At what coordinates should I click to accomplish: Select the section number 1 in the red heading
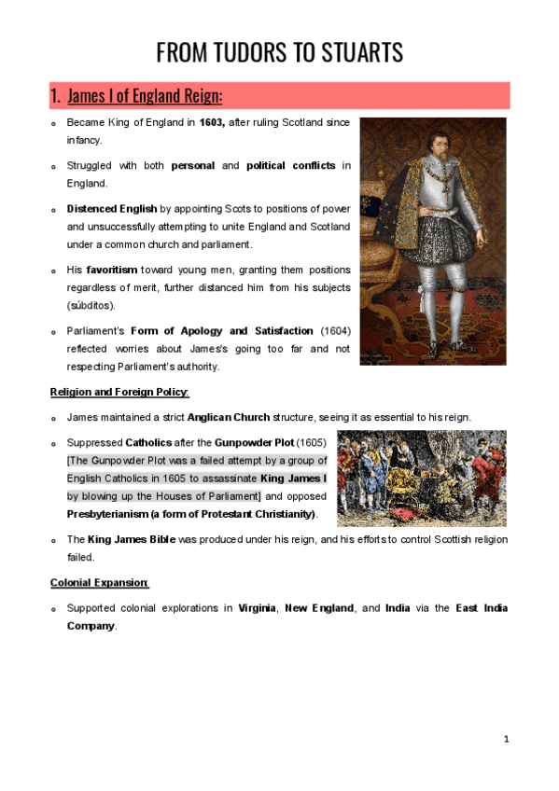tap(55, 96)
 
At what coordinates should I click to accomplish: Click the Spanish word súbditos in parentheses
tap(89, 305)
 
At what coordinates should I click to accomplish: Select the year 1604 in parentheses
tap(335, 331)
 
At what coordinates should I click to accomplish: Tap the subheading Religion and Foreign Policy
tap(119, 392)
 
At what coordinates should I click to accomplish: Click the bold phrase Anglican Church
tap(231, 417)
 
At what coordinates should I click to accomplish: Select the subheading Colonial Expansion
tap(100, 583)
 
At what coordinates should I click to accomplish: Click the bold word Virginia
tap(257, 608)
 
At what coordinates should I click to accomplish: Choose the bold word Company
tap(91, 626)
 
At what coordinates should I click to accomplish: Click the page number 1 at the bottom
tap(506, 739)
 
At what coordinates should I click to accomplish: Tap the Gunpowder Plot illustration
tap(421, 478)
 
